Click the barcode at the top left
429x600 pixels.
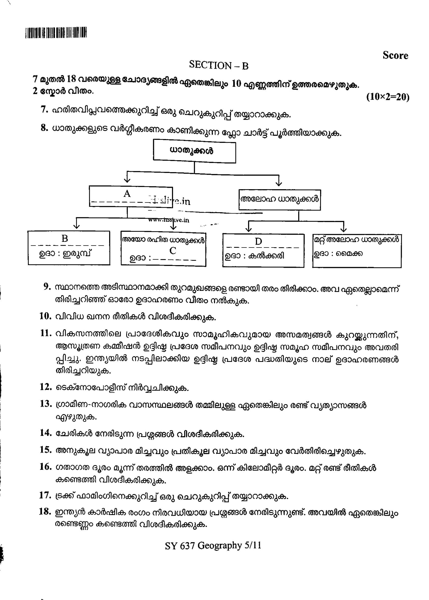coord(56,33)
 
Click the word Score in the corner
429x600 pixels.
coord(395,56)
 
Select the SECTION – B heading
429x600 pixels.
coord(219,65)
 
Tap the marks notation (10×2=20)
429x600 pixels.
coord(388,97)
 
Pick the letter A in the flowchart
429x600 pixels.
coord(127,194)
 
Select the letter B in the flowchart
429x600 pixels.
coord(65,238)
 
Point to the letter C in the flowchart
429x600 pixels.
coord(173,251)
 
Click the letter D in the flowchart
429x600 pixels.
coord(258,241)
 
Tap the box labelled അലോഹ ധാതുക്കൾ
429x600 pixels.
coord(279,200)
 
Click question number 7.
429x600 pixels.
coord(44,110)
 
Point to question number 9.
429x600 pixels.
coord(47,287)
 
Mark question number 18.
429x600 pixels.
coord(45,511)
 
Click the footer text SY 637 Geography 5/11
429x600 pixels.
coord(213,546)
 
